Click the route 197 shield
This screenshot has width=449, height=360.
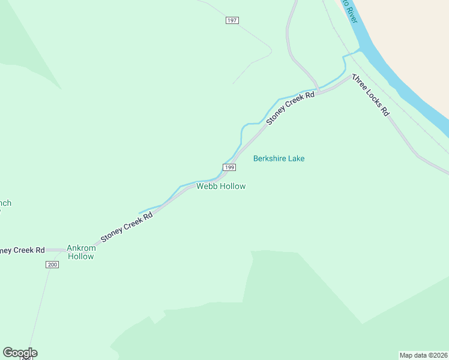(x=232, y=20)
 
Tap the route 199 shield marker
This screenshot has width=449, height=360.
(x=229, y=167)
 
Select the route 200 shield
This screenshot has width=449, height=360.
(x=52, y=265)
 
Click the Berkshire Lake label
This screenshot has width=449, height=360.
(x=279, y=158)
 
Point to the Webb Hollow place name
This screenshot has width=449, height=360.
(x=221, y=186)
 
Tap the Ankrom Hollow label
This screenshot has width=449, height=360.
(x=80, y=251)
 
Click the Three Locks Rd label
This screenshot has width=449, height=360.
(x=370, y=95)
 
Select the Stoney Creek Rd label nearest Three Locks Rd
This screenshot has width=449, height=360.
(x=291, y=107)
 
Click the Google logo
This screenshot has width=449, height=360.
(x=20, y=353)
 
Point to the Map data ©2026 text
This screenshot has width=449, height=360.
(x=423, y=355)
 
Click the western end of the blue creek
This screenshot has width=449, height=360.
(x=139, y=212)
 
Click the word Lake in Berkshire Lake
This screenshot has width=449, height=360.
(x=295, y=158)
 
